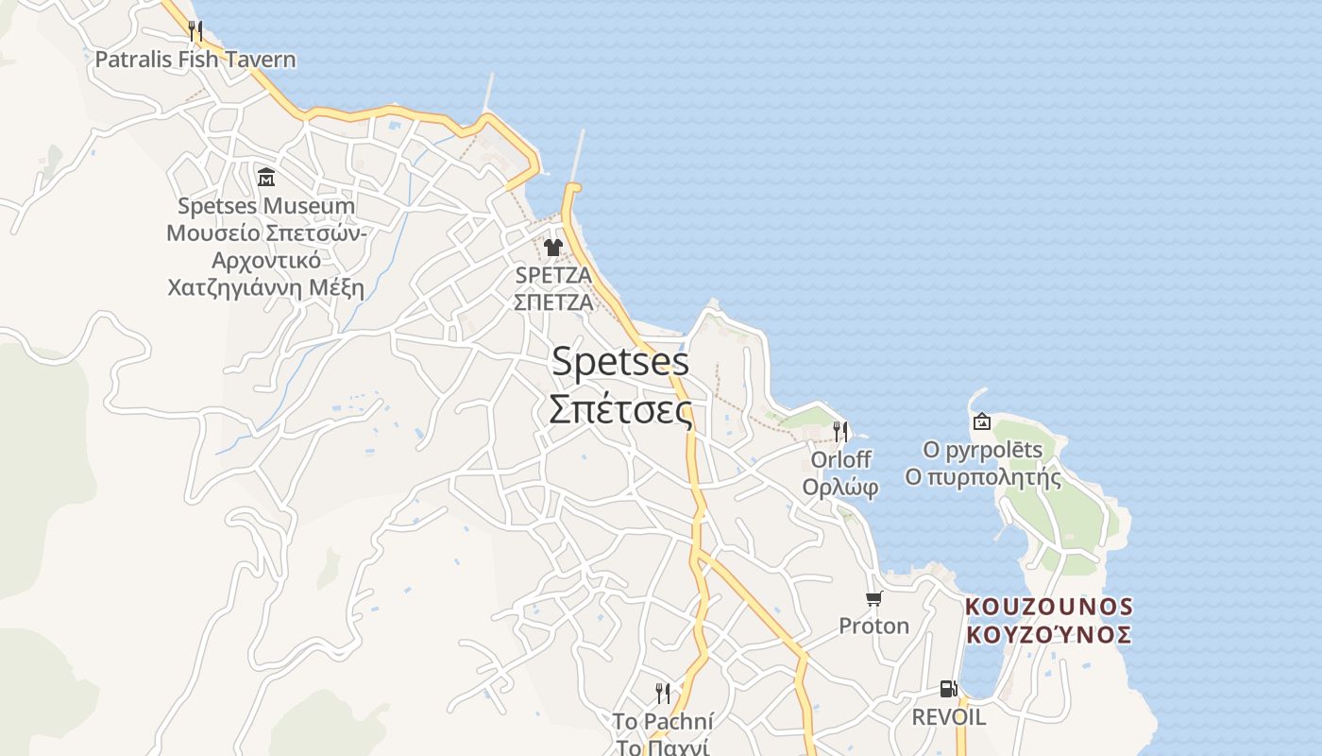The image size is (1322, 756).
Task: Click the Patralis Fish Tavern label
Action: tap(195, 60)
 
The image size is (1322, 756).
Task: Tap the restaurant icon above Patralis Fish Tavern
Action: tap(195, 30)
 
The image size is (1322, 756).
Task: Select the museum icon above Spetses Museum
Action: tap(266, 177)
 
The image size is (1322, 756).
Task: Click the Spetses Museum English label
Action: tap(266, 206)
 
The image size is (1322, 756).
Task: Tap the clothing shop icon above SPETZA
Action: tap(553, 248)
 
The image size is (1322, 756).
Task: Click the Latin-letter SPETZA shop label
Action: tap(553, 275)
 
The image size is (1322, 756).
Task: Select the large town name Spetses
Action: tap(620, 362)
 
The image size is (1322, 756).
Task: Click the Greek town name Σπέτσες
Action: tap(620, 409)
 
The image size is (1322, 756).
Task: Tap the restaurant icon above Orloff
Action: tap(840, 432)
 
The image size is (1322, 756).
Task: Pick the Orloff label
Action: tap(840, 459)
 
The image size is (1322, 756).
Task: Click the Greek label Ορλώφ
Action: tap(840, 487)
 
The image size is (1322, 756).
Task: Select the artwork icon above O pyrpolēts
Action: tap(981, 421)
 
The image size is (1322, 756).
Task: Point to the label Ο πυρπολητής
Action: tap(982, 477)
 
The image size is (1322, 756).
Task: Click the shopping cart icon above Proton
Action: tap(873, 598)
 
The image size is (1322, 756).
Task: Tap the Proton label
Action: tap(873, 626)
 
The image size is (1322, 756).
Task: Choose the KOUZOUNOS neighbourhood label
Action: tap(1048, 606)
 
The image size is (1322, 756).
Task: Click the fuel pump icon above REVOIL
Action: tap(948, 689)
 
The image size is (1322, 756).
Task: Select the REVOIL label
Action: tap(948, 717)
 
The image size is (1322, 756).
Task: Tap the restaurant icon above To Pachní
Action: tap(663, 694)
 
